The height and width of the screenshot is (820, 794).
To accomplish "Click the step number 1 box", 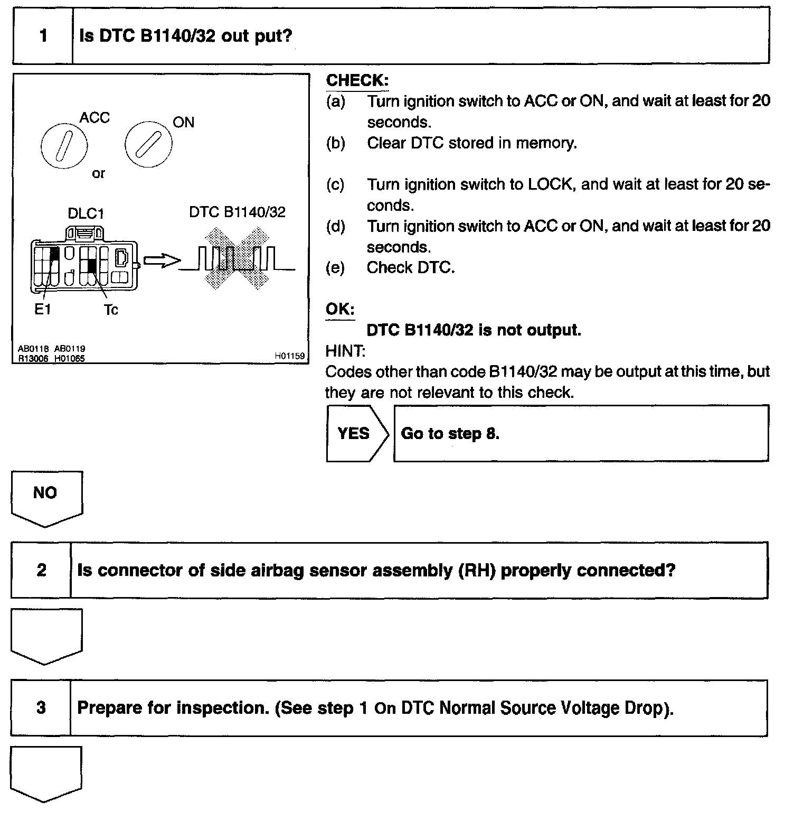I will (x=43, y=36).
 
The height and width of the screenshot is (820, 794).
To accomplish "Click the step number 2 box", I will (x=41, y=571).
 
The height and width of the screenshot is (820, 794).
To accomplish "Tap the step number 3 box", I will (x=41, y=708).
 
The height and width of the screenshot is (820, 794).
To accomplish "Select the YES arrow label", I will (x=354, y=433).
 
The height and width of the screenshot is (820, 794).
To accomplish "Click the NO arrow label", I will (x=45, y=493).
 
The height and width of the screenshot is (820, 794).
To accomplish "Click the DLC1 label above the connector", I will (x=86, y=213).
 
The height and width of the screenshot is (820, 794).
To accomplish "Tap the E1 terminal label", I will (x=42, y=310).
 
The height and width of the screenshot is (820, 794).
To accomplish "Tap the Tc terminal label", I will (x=111, y=310).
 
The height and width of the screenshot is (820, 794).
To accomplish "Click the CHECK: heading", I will (x=357, y=80).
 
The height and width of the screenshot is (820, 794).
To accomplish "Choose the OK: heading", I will (x=339, y=309).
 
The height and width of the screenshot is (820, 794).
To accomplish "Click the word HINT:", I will (x=345, y=351).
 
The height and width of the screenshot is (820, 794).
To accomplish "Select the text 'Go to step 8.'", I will (x=450, y=434).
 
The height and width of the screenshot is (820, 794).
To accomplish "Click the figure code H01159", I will (x=289, y=356).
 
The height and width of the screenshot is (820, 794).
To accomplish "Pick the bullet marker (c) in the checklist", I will (x=335, y=184).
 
